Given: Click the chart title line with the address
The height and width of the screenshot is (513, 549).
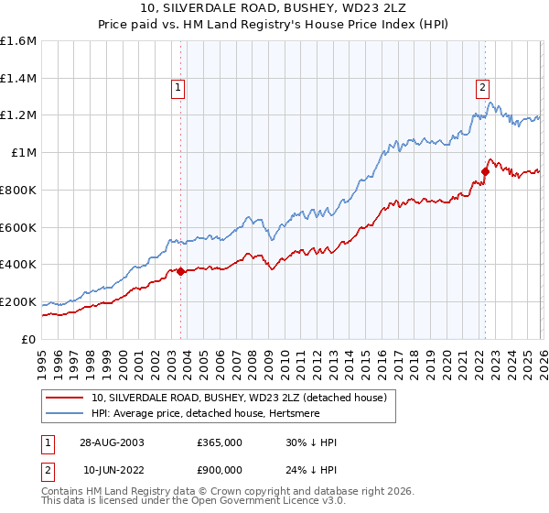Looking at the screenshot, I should coord(274,10).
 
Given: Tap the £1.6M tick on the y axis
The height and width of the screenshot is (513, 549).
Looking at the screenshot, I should coord(18,41).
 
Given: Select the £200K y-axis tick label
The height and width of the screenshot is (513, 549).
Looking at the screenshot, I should coord(18,301).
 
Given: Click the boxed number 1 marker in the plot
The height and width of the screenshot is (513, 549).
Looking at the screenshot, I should coord(178,88).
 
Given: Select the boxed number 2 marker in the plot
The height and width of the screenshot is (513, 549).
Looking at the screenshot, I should coord(482,88).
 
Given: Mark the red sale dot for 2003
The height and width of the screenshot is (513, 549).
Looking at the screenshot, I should coord(181,271).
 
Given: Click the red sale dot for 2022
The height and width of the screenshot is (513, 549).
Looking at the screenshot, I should coord(486,170).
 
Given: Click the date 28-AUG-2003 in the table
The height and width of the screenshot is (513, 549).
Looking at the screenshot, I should coord(113,442).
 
